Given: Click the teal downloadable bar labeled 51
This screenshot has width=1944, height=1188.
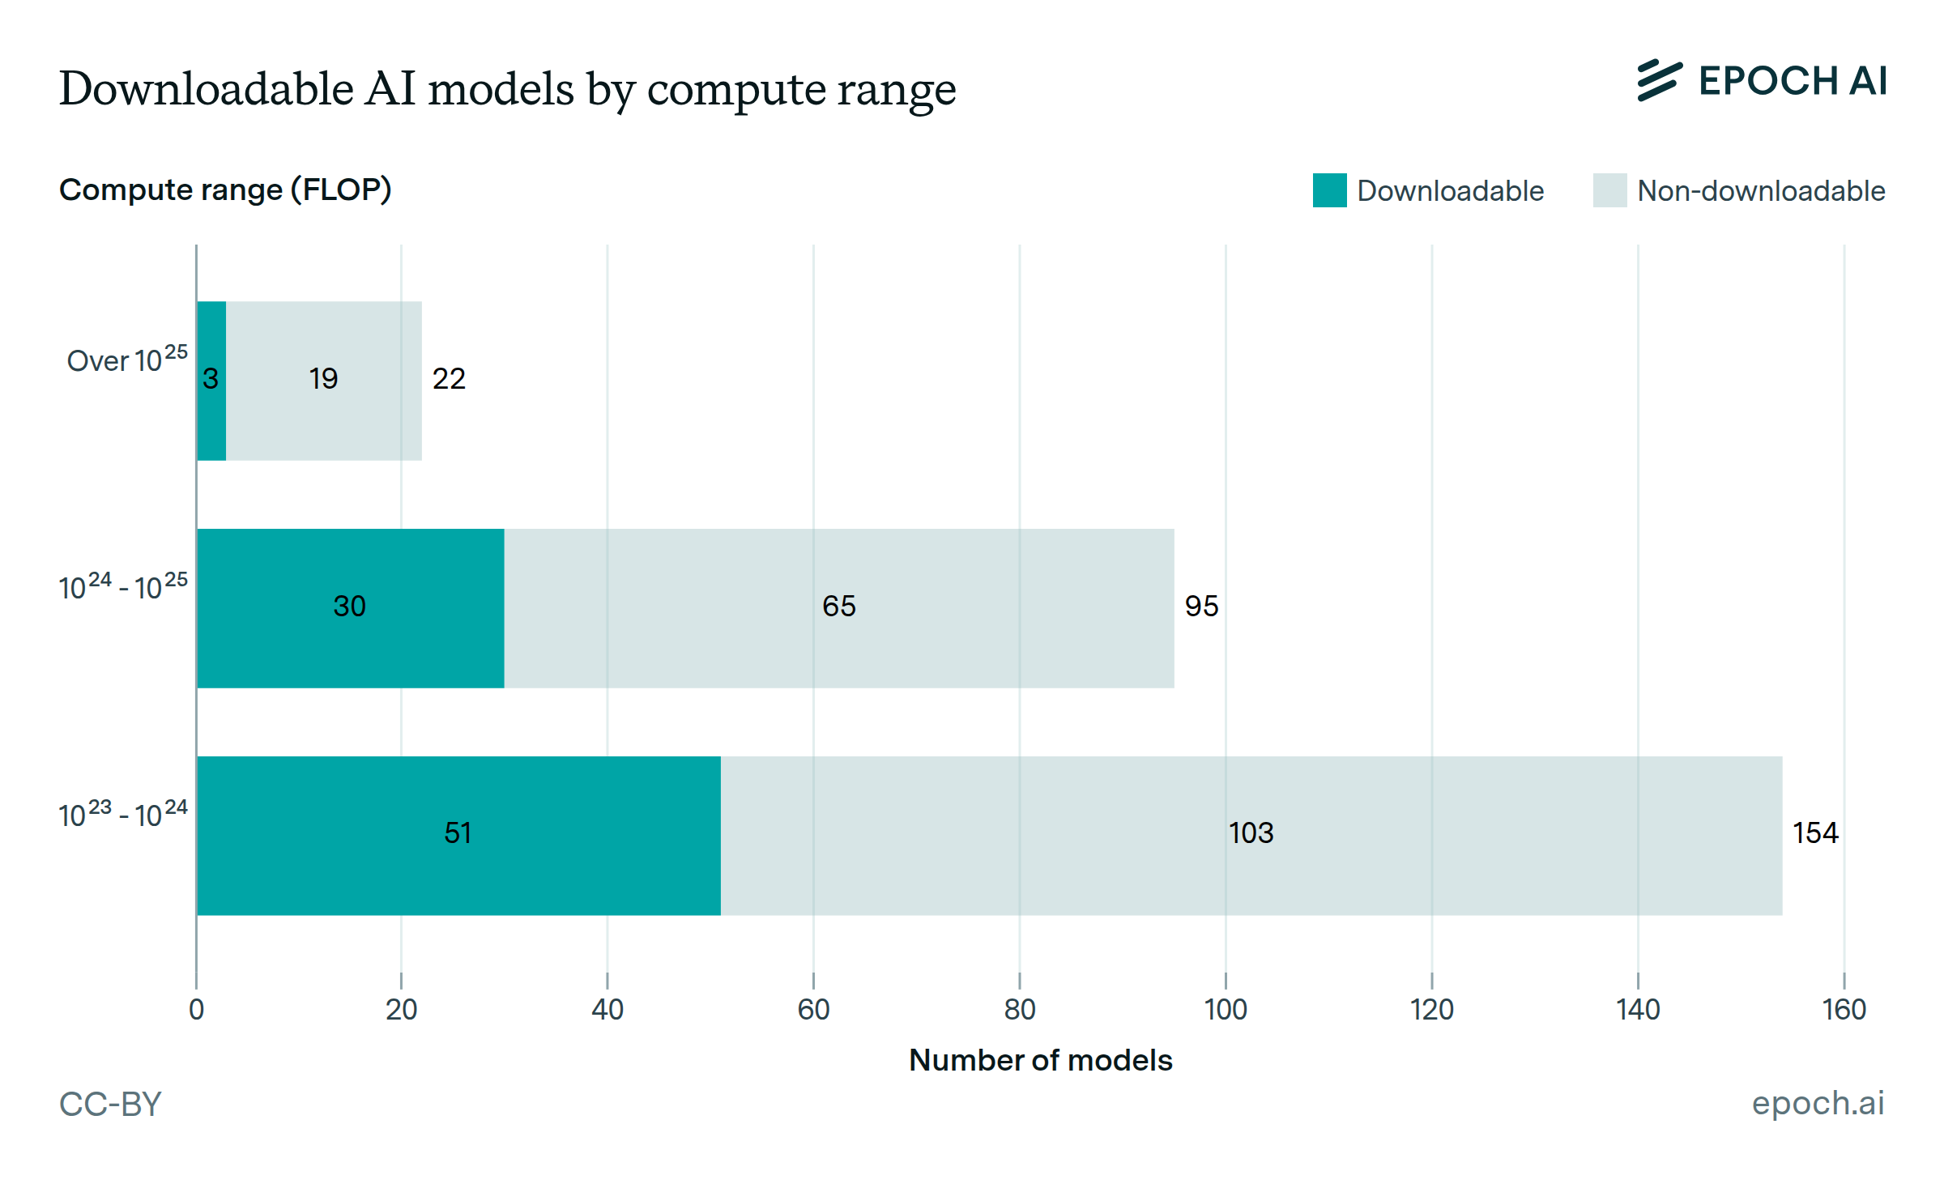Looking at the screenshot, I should (x=458, y=836).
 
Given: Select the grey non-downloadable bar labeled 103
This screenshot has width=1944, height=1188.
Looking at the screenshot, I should (x=1251, y=836).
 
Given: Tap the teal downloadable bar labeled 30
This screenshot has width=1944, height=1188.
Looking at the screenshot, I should (x=350, y=608).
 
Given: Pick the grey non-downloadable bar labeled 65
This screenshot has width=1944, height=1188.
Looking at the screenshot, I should (x=838, y=608).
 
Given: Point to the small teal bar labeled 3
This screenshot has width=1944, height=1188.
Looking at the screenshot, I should (x=211, y=381).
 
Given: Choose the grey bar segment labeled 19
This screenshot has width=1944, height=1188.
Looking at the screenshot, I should (x=324, y=381).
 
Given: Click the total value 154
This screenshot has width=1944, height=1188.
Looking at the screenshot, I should (x=1815, y=833).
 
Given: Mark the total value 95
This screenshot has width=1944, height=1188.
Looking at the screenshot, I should (x=1201, y=607).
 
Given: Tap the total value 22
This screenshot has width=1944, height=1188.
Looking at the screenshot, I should (x=449, y=379).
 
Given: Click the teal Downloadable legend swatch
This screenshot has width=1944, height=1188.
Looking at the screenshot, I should (x=1329, y=190).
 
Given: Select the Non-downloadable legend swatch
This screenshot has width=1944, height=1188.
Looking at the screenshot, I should (x=1609, y=190).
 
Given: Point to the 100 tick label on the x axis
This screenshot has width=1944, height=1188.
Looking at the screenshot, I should (x=1226, y=1010).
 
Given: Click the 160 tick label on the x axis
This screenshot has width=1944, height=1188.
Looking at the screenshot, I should (x=1844, y=1010).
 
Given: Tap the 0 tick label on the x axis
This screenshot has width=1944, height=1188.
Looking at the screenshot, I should (x=196, y=1010).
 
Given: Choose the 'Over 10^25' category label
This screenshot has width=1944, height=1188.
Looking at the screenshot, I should (x=127, y=360).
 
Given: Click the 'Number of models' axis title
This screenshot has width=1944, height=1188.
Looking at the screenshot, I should (x=1040, y=1061).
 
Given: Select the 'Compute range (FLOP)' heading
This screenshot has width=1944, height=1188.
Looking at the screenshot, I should (x=225, y=189).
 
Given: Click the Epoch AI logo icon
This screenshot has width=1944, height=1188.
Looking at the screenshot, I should (x=1659, y=81).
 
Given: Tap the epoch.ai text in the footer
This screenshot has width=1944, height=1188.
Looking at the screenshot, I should (x=1818, y=1103).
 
